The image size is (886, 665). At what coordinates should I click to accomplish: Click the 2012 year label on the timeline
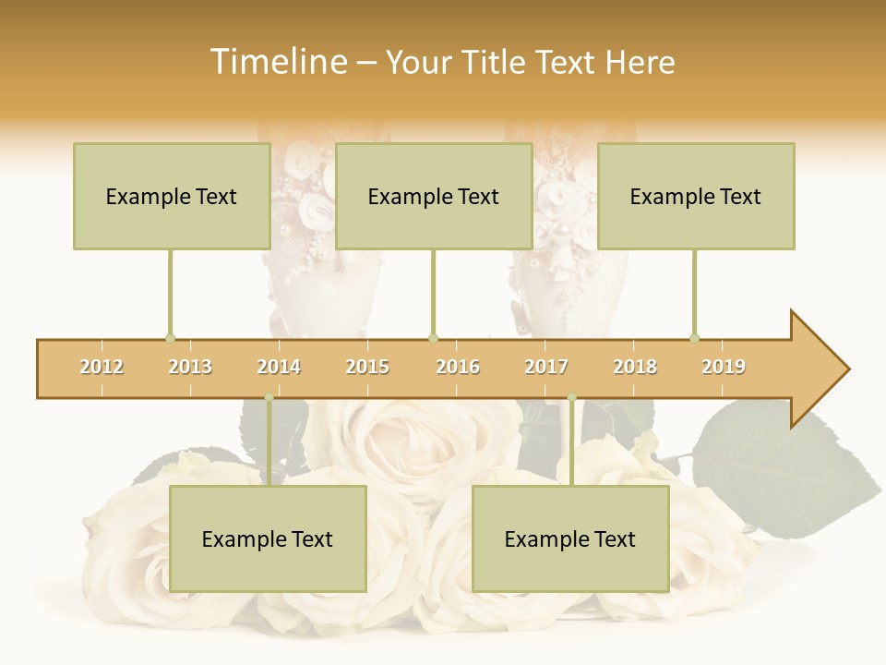pos(102,367)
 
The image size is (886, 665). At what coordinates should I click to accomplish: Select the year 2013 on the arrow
pos(190,367)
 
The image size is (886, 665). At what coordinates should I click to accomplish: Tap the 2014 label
pos(279,367)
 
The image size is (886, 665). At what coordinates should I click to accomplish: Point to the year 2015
pos(367,367)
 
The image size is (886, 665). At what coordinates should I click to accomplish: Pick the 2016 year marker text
pos(458,367)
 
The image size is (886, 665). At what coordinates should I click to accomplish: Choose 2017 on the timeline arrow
pos(546,367)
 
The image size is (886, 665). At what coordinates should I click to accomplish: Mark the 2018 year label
pos(635,367)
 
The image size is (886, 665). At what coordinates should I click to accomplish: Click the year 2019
pos(724,367)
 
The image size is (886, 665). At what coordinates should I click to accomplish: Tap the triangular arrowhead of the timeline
pos(818,369)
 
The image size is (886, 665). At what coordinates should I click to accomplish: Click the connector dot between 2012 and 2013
pos(170,338)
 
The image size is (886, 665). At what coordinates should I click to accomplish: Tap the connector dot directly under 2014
pos(269,397)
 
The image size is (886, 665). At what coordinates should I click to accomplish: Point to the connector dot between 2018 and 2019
pos(694,338)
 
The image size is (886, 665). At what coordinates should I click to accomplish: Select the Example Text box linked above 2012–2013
pos(172,196)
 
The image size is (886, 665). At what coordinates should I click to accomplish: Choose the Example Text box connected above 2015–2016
pos(434,196)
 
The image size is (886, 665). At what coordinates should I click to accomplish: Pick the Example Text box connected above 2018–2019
pos(696,196)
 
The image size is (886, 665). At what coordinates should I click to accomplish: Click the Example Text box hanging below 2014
pos(268,538)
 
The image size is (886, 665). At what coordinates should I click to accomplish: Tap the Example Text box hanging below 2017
pos(570,538)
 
